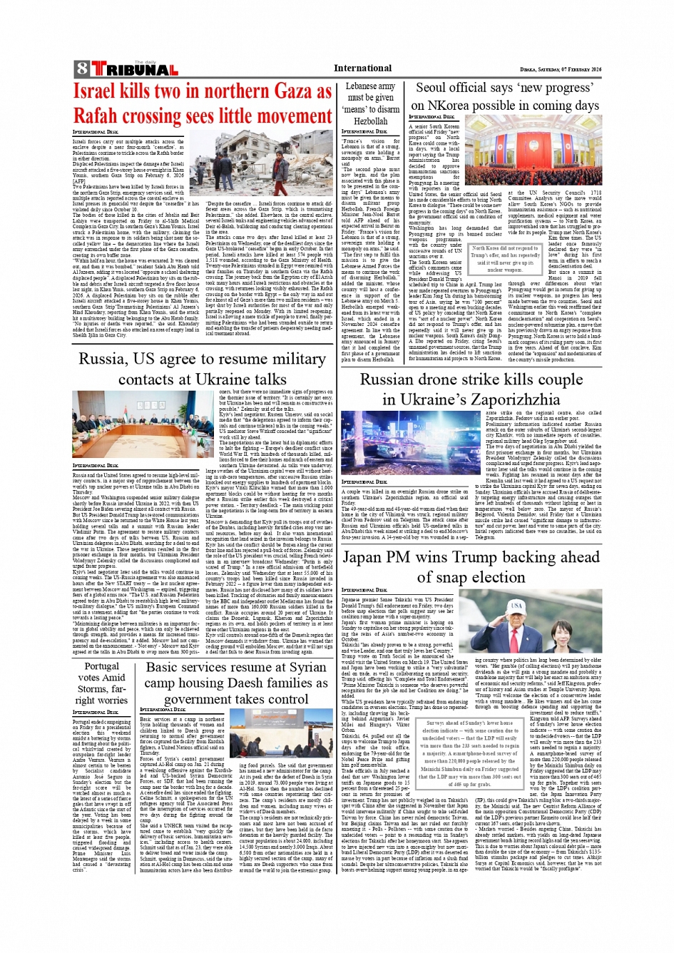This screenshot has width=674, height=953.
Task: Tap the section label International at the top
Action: (362, 68)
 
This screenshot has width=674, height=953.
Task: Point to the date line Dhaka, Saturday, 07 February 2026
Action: (561, 69)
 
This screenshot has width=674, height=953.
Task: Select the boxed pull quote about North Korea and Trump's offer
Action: (505, 259)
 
